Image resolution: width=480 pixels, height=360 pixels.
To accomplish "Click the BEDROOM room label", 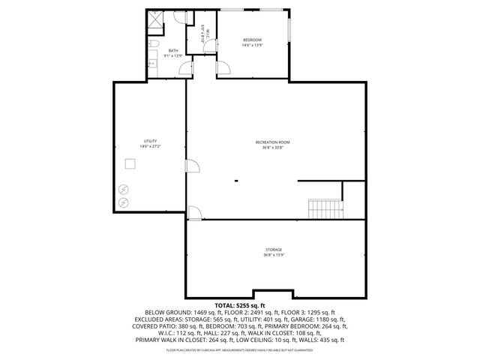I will [x=251, y=40].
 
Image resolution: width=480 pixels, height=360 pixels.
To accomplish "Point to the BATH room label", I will [x=173, y=51].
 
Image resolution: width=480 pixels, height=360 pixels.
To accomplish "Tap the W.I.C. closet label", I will [x=202, y=34].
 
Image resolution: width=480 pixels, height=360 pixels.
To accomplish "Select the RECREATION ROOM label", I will [x=272, y=142].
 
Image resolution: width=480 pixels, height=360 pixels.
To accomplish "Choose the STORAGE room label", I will [x=273, y=249].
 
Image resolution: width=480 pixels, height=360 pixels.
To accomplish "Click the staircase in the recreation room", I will [x=325, y=208].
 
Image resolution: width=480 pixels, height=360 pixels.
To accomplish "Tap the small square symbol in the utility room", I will [x=130, y=164].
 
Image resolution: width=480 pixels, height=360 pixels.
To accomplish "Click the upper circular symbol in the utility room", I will [x=124, y=189].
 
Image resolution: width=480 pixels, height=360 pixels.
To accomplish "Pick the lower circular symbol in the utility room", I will [x=124, y=202].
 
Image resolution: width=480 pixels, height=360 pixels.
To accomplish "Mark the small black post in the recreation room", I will [x=235, y=180].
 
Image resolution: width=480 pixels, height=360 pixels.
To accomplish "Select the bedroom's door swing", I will [x=223, y=69].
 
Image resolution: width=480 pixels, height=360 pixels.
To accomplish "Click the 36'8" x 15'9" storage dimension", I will [x=273, y=255].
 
